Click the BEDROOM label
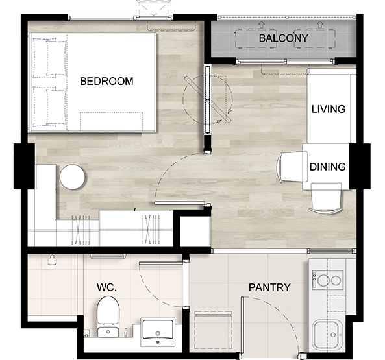[x=106, y=81]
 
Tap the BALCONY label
[x=284, y=38]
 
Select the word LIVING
[x=329, y=109]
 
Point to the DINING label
[x=328, y=167]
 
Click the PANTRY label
[x=269, y=287]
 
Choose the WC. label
[x=106, y=287]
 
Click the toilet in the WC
[x=108, y=317]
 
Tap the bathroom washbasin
[x=158, y=332]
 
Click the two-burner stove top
[x=328, y=280]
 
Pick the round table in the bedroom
[x=73, y=177]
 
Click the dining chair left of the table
[x=292, y=167]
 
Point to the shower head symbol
[x=52, y=260]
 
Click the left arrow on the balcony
[x=262, y=24]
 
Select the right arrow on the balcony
[x=319, y=24]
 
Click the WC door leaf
[x=161, y=263]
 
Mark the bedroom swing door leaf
[x=180, y=203]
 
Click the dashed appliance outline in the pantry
[x=213, y=330]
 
